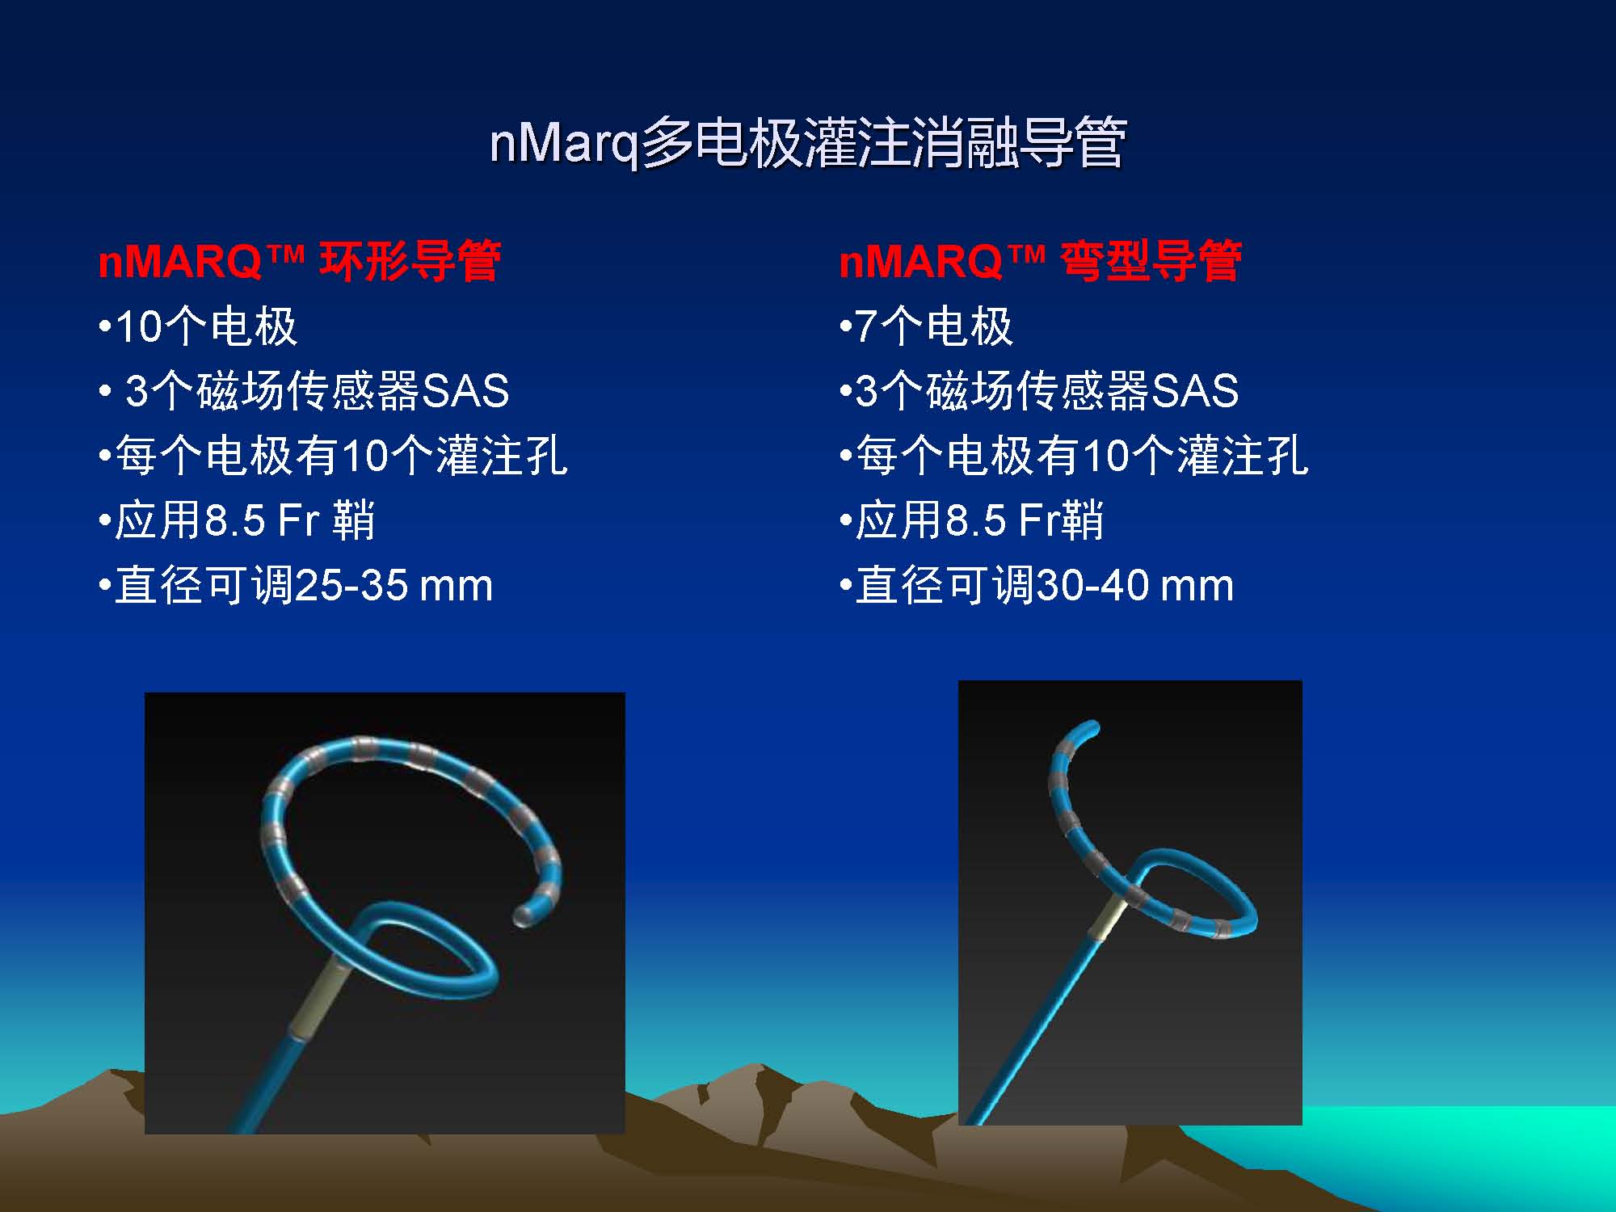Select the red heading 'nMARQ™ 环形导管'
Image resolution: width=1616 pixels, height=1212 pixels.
click(299, 261)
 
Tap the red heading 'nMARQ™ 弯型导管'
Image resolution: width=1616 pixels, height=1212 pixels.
click(1041, 261)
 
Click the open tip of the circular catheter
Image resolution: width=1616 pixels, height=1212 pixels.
click(524, 915)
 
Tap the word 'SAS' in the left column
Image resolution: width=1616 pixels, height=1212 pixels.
click(466, 391)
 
